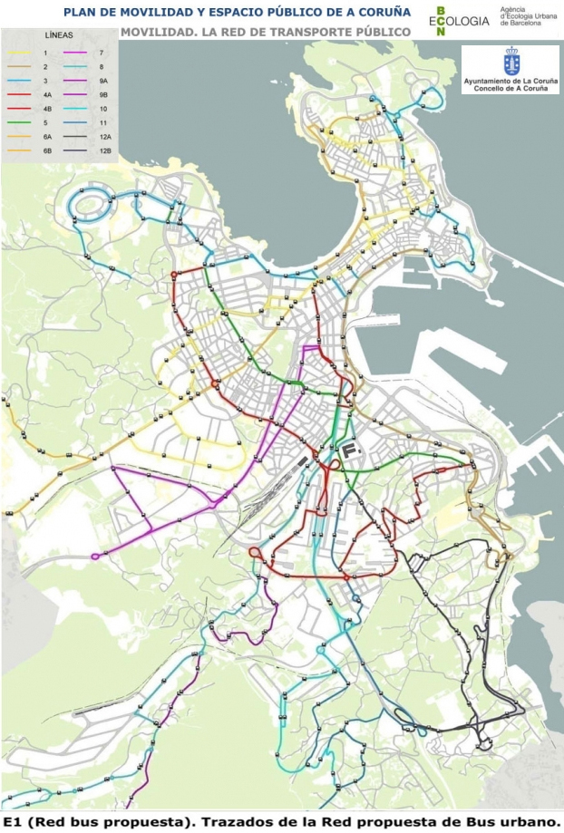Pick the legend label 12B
[x=104, y=150]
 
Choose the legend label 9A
[x=104, y=81]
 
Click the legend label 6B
[x=46, y=150]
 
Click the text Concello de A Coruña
[x=510, y=88]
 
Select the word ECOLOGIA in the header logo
[x=459, y=20]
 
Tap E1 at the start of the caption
[x=14, y=822]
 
